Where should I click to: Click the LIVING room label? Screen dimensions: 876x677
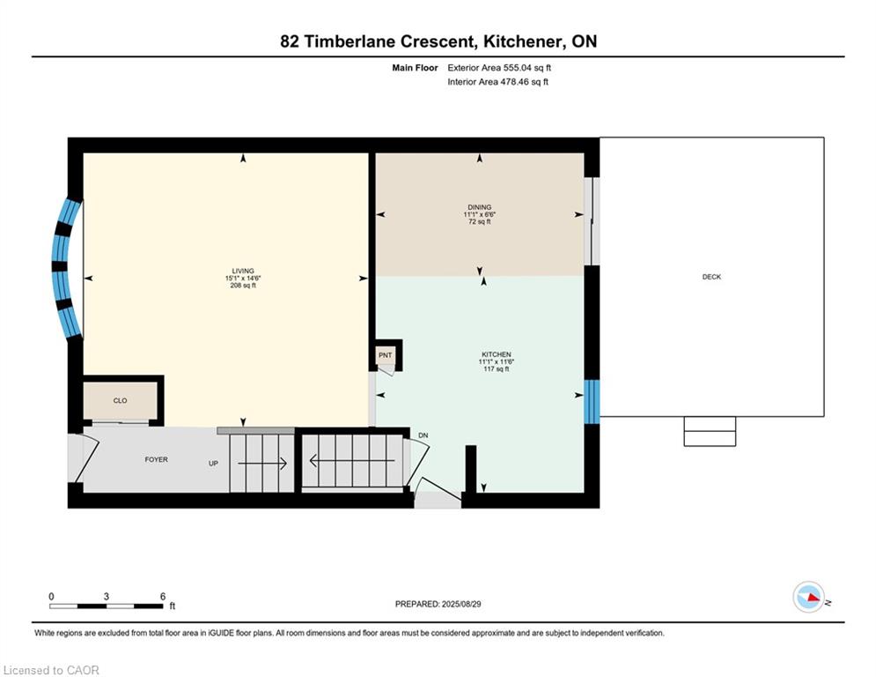coord(243,271)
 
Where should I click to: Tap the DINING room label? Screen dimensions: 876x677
coord(479,207)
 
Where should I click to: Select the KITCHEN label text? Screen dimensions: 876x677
coord(496,354)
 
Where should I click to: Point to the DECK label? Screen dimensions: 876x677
coord(711,277)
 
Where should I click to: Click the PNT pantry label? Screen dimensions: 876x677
coord(385,355)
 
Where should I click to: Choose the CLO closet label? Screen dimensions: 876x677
coord(120,400)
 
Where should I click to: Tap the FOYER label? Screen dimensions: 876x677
coord(157,459)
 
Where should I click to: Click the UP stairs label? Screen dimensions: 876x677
coord(213,464)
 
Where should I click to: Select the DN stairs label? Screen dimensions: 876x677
coord(423,435)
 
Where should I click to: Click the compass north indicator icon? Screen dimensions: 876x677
coord(808,597)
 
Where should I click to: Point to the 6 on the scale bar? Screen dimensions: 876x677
coord(163,597)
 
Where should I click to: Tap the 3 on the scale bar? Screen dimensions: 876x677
coord(107,597)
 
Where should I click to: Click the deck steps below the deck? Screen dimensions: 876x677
coord(710,431)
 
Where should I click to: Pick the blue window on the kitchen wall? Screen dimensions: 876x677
coord(592,402)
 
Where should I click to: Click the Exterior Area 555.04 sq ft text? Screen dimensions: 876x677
coord(499,68)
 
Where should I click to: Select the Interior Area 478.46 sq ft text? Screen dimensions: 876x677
coord(497,82)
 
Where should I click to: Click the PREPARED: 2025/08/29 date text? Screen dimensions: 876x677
coord(438,604)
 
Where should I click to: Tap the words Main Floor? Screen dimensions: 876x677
coord(415,68)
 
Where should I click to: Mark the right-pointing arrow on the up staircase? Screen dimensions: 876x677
coord(262,464)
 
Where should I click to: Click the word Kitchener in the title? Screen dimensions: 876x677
coord(523,41)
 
